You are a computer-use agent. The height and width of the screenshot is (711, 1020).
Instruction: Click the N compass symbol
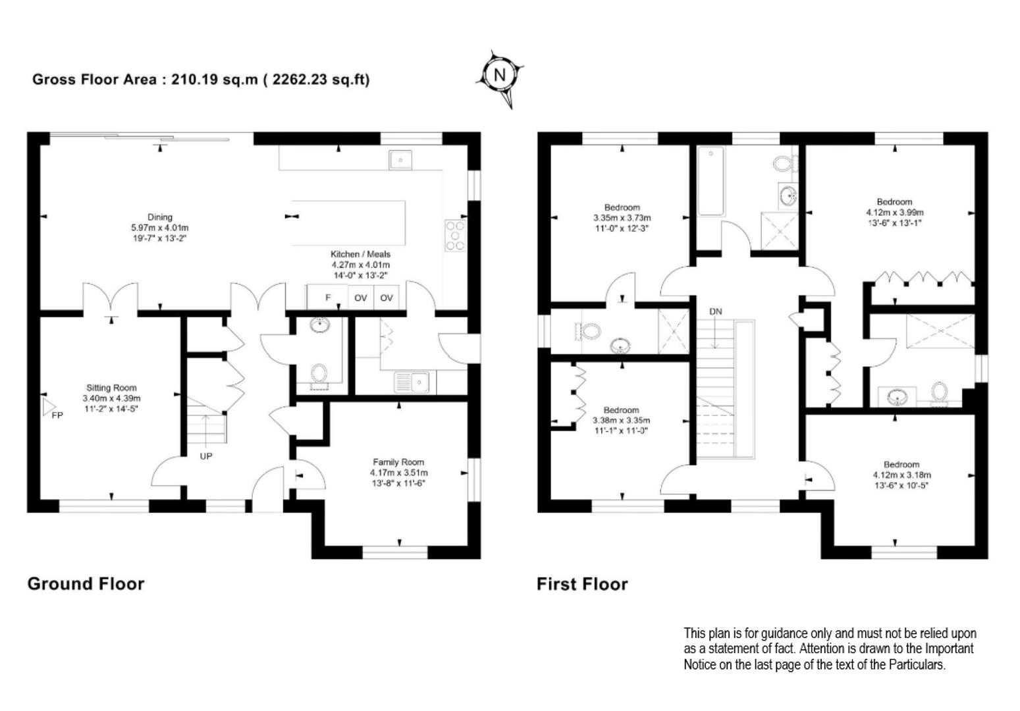[x=500, y=75]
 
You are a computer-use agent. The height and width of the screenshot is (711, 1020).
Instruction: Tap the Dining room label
[x=160, y=217]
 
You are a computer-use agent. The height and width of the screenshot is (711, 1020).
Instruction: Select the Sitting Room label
[x=111, y=388]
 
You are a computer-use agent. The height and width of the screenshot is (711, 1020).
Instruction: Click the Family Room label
[x=398, y=462]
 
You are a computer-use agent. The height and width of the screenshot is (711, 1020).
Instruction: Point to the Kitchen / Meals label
[x=361, y=254]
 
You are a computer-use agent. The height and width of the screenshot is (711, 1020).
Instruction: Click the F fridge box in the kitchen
[x=328, y=298]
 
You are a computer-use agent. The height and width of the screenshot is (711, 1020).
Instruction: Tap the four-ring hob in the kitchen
[x=456, y=235]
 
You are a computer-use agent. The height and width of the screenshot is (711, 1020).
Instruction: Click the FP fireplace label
[x=57, y=415]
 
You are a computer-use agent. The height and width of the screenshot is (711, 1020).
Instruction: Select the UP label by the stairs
[x=206, y=456]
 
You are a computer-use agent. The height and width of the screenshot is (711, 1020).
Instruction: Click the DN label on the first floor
[x=715, y=312]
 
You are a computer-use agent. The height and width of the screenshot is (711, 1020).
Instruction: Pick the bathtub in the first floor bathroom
[x=711, y=181]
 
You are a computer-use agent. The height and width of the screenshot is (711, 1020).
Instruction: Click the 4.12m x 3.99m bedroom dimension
[x=895, y=213]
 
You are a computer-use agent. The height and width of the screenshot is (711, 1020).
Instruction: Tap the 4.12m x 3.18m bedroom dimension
[x=901, y=475]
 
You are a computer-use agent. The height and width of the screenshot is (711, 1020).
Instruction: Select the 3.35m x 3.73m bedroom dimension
[x=622, y=218]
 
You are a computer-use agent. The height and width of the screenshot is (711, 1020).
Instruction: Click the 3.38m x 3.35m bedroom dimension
[x=621, y=421]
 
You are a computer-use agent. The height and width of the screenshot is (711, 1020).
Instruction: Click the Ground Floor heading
[x=86, y=584]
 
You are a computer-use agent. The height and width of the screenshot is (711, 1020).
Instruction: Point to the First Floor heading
[x=582, y=584]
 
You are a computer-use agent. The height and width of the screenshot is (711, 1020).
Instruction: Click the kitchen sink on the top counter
[x=400, y=160]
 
